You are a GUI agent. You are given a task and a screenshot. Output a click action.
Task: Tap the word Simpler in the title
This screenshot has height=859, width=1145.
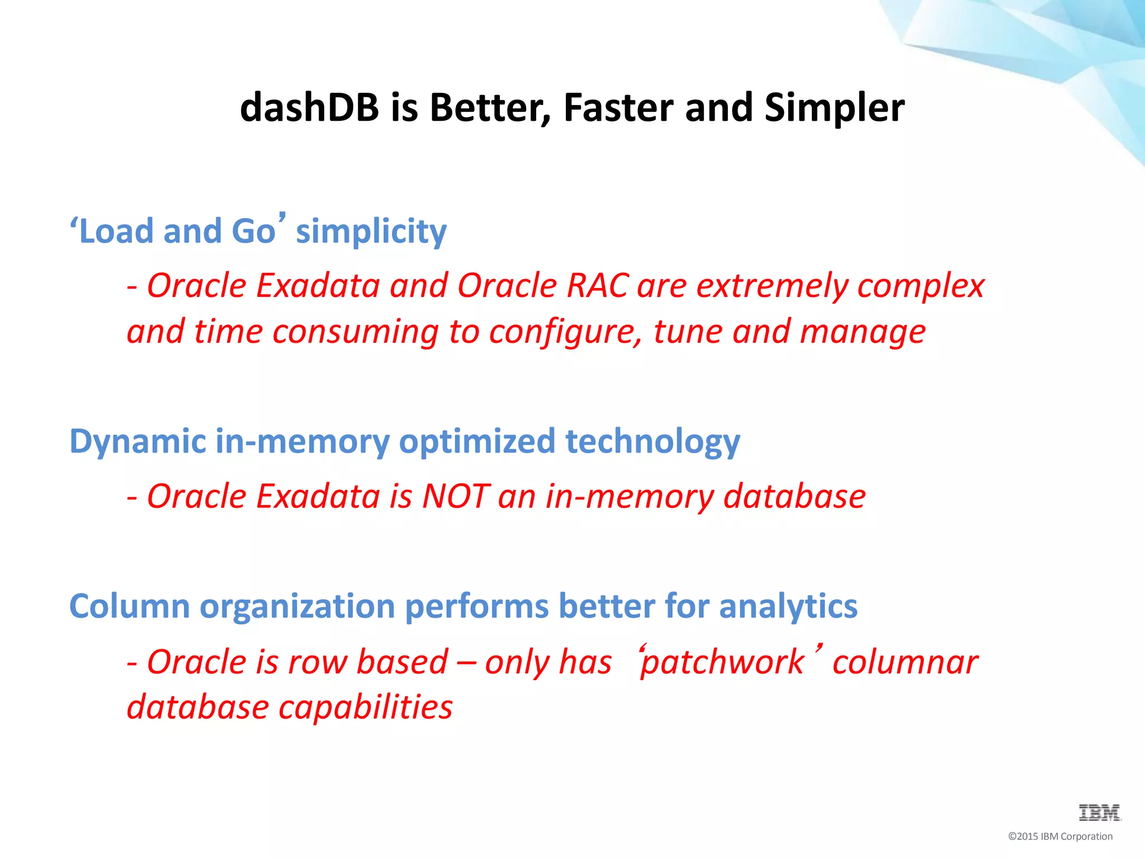pyautogui.click(x=834, y=107)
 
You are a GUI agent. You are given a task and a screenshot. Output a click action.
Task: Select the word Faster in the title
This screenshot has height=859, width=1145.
pyautogui.click(x=618, y=107)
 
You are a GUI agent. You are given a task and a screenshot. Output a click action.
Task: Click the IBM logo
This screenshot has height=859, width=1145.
pyautogui.click(x=1099, y=813)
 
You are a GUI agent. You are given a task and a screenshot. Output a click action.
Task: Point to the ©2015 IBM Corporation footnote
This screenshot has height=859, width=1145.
pyautogui.click(x=1060, y=837)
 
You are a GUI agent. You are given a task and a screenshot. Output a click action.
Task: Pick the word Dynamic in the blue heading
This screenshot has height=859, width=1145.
pyautogui.click(x=138, y=442)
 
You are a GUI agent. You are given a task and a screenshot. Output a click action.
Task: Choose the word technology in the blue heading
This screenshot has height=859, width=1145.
pyautogui.click(x=652, y=442)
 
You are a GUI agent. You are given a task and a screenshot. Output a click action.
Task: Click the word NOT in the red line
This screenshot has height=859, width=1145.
pyautogui.click(x=456, y=497)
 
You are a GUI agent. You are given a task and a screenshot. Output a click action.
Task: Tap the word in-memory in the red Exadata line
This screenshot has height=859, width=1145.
pyautogui.click(x=629, y=497)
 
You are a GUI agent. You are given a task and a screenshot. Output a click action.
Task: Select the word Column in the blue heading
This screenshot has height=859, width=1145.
pyautogui.click(x=129, y=606)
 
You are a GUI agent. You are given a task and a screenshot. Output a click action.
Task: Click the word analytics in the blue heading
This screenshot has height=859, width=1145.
pyautogui.click(x=788, y=607)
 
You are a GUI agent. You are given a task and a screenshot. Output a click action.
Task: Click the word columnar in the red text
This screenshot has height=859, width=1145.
pyautogui.click(x=905, y=663)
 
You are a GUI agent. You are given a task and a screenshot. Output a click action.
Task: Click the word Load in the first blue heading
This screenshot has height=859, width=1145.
pyautogui.click(x=116, y=232)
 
